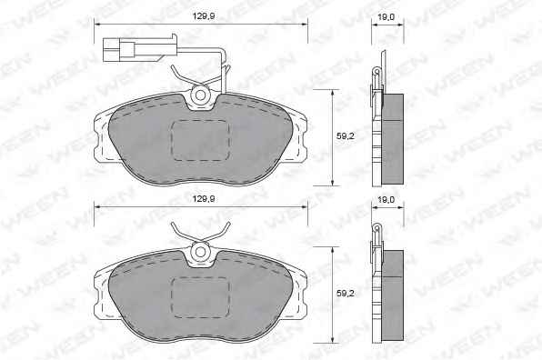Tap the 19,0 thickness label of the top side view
(386, 17)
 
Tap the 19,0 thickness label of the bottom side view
(386, 200)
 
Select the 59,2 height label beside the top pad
(346, 136)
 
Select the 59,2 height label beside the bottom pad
(346, 294)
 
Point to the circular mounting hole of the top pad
(200, 95)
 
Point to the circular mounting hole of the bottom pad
(200, 252)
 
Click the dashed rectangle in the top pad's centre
(200, 141)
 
